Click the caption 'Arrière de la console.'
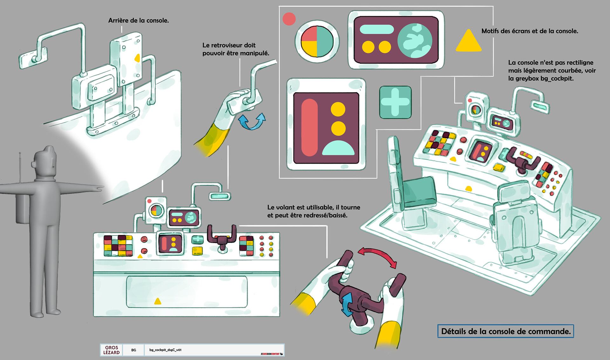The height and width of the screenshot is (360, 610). click(139, 21)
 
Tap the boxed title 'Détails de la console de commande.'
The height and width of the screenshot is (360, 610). click(506, 331)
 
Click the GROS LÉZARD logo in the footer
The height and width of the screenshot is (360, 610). click(112, 350)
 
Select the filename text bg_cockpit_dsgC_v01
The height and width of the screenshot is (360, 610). click(165, 350)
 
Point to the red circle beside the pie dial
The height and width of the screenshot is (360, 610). click(289, 19)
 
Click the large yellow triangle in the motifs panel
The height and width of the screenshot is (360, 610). click(468, 41)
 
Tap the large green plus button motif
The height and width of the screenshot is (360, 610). click(395, 102)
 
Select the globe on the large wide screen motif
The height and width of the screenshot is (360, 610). click(415, 41)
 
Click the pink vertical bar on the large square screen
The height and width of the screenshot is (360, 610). click(309, 127)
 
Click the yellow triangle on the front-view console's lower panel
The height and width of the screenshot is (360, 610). click(158, 301)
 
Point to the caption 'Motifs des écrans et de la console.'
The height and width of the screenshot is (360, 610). click(530, 31)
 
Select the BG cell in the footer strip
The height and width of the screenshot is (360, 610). click(133, 350)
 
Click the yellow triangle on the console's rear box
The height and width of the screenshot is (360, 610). click(137, 58)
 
